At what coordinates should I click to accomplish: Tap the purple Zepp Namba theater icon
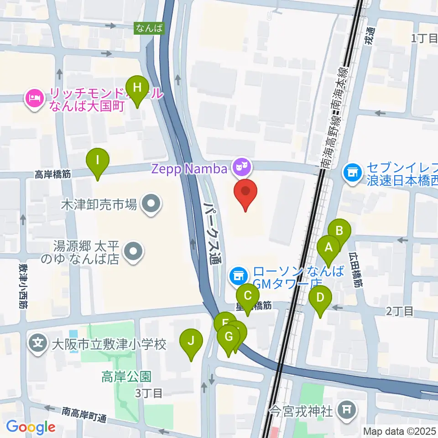click(240, 168)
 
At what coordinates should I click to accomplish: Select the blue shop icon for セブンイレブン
click(352, 172)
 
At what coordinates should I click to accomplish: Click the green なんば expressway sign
click(149, 28)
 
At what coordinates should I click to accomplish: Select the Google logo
click(31, 427)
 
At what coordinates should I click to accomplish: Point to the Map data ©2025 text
click(399, 430)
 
